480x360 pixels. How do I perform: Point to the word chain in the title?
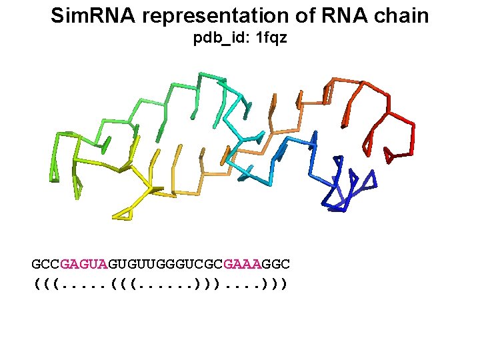coord(402,16)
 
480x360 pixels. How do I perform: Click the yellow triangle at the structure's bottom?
coord(123,214)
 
